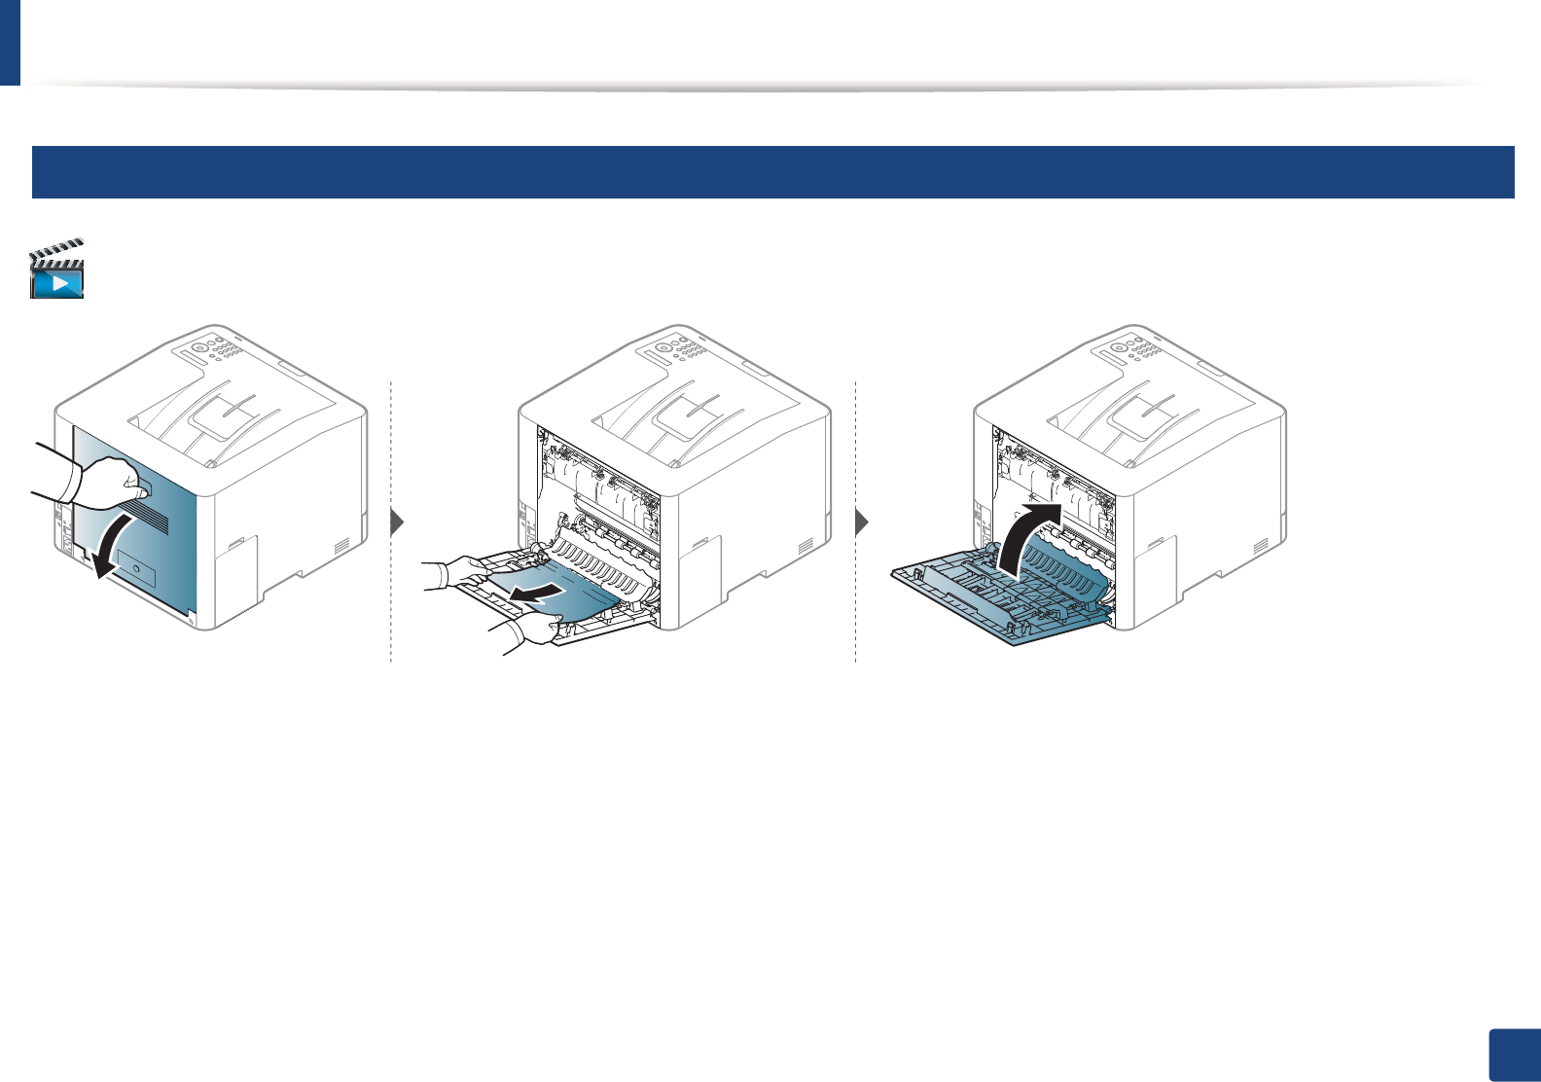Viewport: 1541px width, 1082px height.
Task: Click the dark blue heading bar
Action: pyautogui.click(x=772, y=172)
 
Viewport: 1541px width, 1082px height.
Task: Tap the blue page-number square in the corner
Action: pyautogui.click(x=1514, y=1055)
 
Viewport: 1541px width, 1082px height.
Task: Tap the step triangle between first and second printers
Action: pyautogui.click(x=396, y=523)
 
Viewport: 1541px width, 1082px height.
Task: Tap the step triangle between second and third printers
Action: pyautogui.click(x=861, y=523)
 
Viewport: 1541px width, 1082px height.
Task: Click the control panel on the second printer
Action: pyautogui.click(x=677, y=351)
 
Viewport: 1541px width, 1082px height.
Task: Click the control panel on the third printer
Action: pyautogui.click(x=1132, y=351)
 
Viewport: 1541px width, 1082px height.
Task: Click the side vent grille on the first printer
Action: pyautogui.click(x=341, y=547)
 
